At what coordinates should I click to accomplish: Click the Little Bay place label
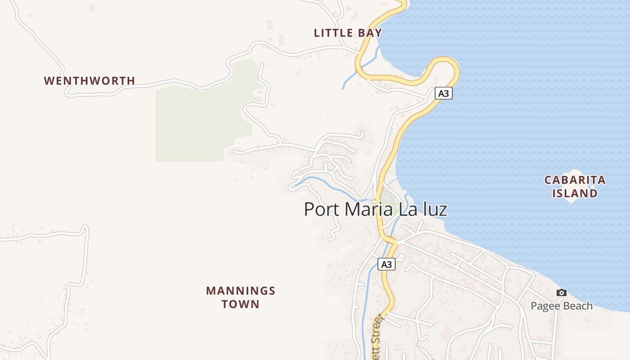[x=348, y=33]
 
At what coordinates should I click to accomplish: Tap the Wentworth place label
[x=89, y=81]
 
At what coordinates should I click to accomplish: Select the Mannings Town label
[x=240, y=297]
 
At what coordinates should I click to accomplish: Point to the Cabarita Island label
[x=575, y=186]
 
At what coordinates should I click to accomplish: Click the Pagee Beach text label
[x=561, y=306]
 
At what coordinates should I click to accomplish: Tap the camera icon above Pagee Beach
[x=561, y=293]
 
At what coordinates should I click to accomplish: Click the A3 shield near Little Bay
[x=443, y=94]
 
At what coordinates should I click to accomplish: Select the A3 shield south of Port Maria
[x=387, y=264]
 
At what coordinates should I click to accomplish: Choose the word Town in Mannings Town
[x=240, y=304]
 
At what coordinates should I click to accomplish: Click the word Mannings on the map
[x=240, y=291]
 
